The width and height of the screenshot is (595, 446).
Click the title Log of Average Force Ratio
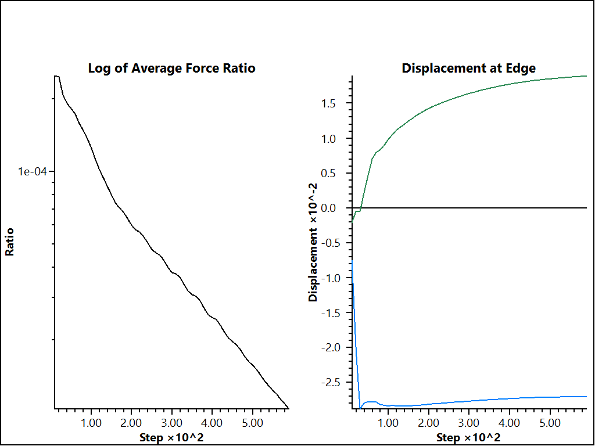pyautogui.click(x=171, y=68)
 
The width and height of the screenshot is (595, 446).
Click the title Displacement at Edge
pyautogui.click(x=468, y=68)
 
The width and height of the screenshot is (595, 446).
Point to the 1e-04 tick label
pyautogui.click(x=33, y=171)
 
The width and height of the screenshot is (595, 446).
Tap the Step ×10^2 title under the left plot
pyautogui.click(x=171, y=437)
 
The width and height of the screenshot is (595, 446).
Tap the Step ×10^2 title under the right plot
pyautogui.click(x=468, y=437)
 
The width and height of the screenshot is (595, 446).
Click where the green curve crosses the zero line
pyautogui.click(x=361, y=208)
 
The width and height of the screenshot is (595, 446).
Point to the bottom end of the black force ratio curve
pyautogui.click(x=288, y=408)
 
